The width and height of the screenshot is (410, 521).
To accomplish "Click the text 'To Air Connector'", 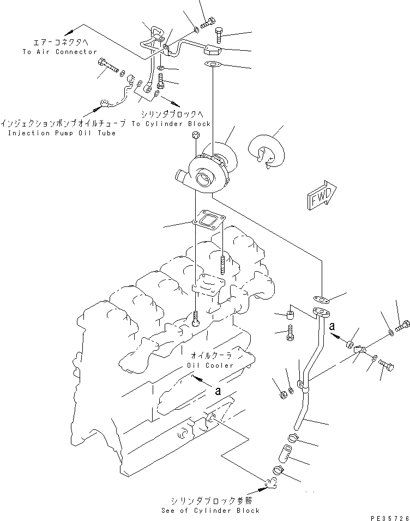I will tap(60, 52).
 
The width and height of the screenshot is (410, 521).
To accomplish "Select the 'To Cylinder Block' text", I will tap(178, 124).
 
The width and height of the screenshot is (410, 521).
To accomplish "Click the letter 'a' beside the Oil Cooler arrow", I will tap(218, 391).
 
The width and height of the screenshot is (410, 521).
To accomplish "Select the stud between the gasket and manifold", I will tap(224, 264).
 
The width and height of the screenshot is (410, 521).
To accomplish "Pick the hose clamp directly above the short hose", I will tap(292, 436).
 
